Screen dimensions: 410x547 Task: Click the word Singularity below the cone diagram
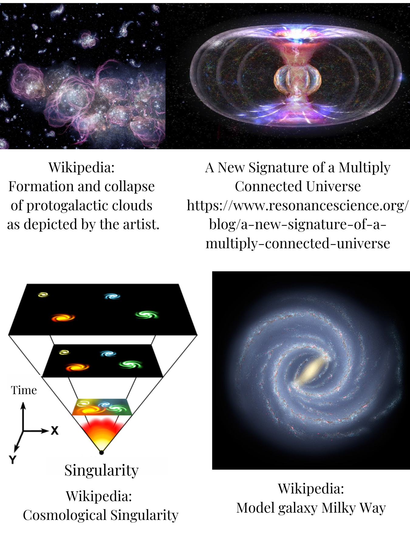(x=101, y=470)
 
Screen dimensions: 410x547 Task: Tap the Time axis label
(x=24, y=390)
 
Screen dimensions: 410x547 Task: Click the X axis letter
(x=55, y=430)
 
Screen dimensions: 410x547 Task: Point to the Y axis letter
(x=12, y=460)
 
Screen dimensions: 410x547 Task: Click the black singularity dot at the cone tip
(x=101, y=452)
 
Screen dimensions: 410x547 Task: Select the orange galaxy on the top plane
(x=63, y=318)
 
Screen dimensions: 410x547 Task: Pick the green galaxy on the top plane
(x=147, y=314)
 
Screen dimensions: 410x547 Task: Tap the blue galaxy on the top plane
(x=112, y=296)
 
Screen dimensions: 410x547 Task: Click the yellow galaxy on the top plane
(x=43, y=294)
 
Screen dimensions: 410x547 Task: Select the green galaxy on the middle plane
(x=131, y=364)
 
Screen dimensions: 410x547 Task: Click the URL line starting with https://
(x=298, y=205)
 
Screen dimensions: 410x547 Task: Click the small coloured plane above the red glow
(x=102, y=407)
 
